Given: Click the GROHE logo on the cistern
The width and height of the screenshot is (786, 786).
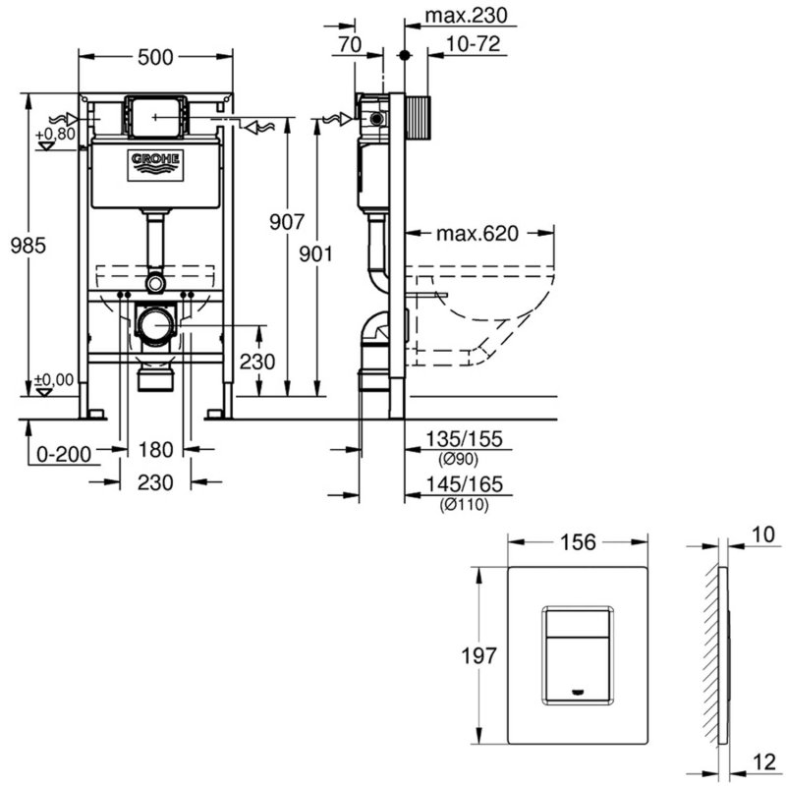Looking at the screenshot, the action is [x=155, y=165].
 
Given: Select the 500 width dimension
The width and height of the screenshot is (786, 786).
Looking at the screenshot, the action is [x=155, y=57].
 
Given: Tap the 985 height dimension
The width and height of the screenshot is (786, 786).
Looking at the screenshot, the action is [x=28, y=246].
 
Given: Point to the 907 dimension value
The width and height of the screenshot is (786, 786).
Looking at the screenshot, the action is [x=287, y=222].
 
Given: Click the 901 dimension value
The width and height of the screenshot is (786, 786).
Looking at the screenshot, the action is [x=315, y=254].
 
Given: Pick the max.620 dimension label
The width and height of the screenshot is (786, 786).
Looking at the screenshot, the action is [x=477, y=234].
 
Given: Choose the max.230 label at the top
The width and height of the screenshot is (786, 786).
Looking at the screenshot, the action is [x=466, y=16].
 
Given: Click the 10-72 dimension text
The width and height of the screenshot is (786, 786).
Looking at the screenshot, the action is [x=473, y=44].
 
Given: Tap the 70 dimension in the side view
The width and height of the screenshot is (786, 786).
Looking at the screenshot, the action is [x=350, y=44].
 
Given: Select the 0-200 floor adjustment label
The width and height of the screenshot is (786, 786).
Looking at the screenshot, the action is [x=64, y=454].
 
